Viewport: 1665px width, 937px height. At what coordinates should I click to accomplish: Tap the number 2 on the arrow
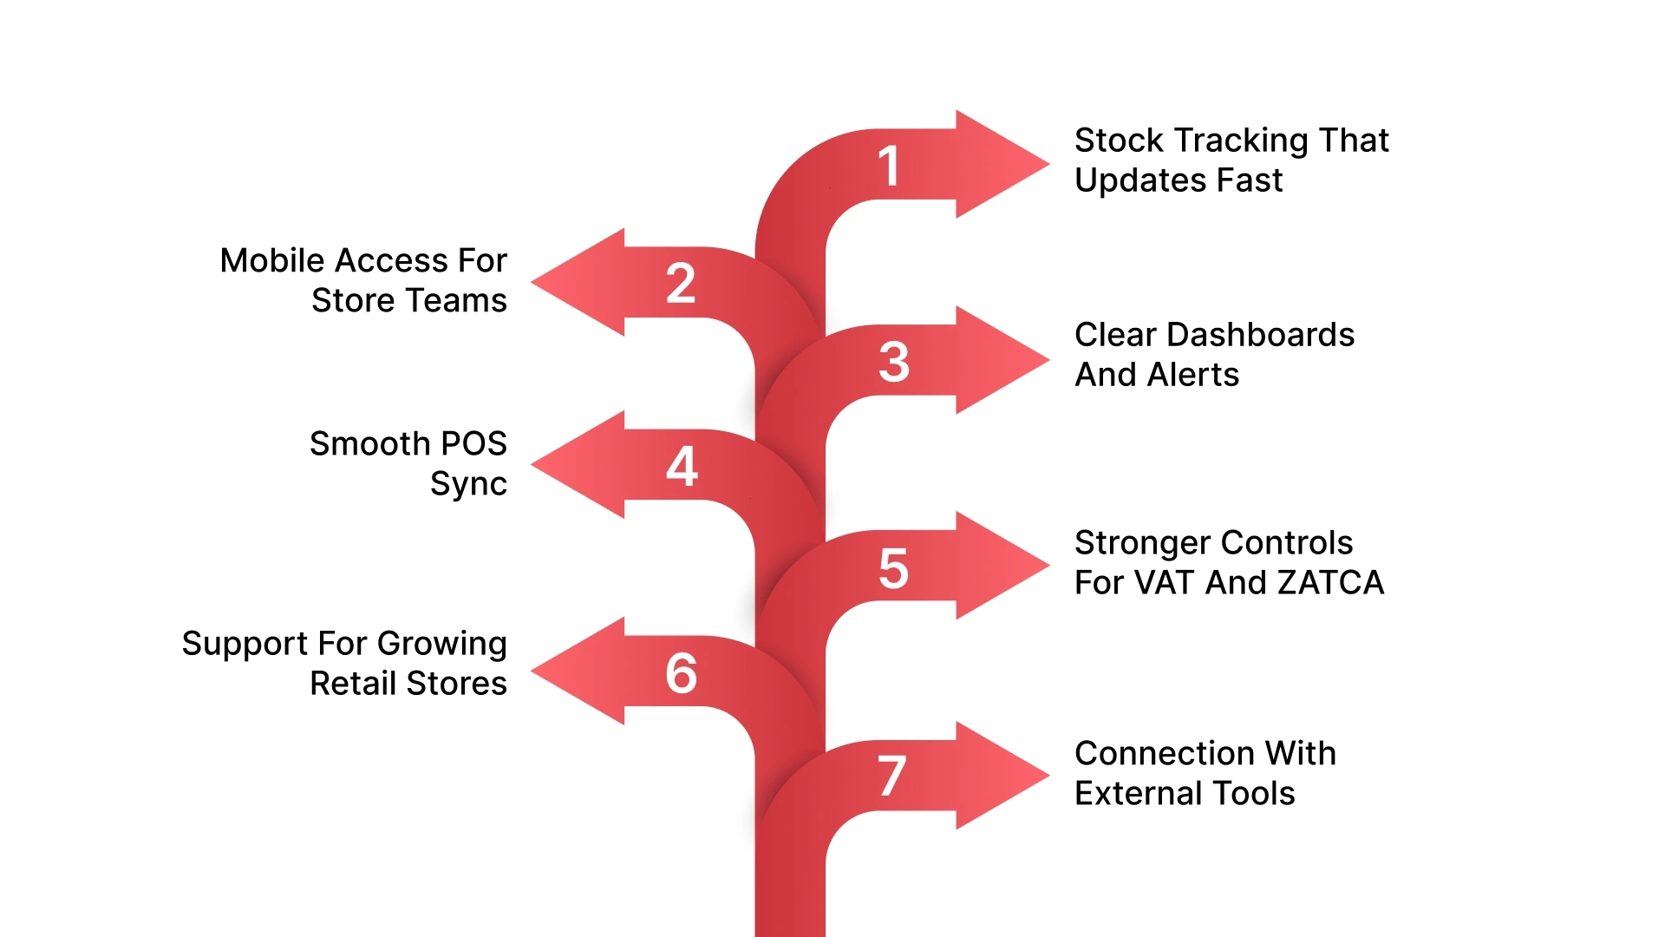point(681,283)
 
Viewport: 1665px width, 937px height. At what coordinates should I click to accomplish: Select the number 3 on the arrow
point(893,361)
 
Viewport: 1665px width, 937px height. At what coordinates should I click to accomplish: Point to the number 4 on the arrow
point(682,466)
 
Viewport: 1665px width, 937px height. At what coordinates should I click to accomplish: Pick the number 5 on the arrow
point(893,568)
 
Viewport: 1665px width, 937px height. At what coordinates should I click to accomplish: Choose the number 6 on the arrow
point(682,672)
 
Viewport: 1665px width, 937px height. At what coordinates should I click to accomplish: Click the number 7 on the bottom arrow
point(891,775)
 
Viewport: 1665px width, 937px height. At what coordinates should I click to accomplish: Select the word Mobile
point(272,260)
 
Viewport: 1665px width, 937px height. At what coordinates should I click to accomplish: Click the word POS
point(473,443)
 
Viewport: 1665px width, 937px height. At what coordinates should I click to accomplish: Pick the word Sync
point(468,484)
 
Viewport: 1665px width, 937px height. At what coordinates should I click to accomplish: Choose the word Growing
point(441,644)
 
